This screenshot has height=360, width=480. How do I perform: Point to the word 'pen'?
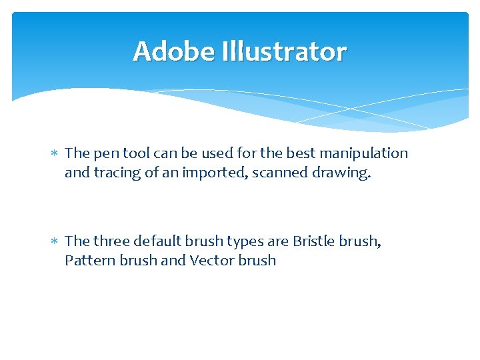pos(103,154)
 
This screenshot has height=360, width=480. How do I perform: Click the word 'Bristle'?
pos(313,241)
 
